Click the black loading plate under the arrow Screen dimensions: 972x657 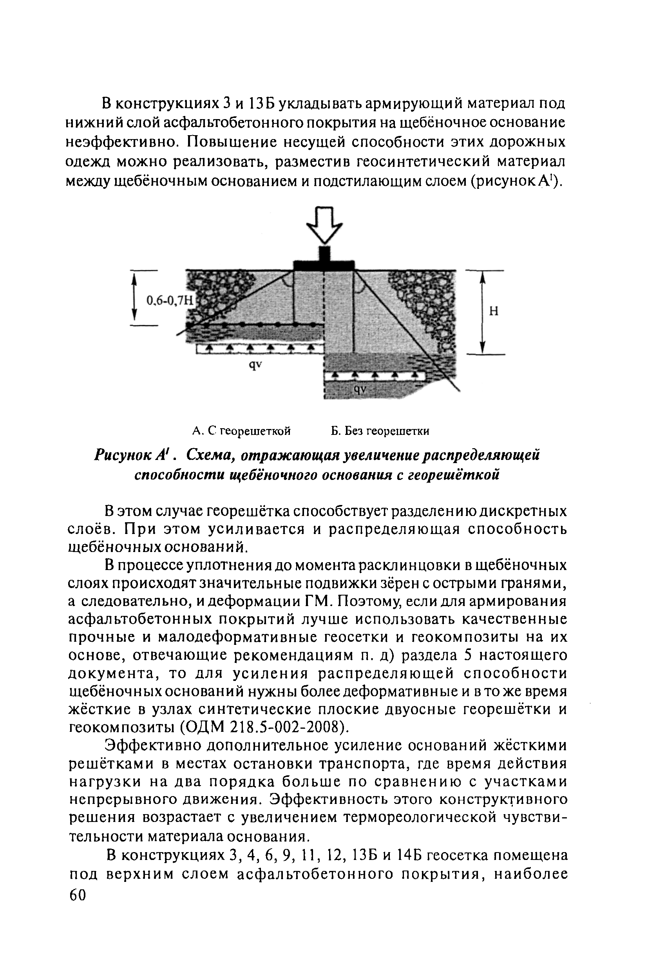[324, 266]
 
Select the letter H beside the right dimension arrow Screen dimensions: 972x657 [494, 311]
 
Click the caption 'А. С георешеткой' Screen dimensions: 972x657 [241, 431]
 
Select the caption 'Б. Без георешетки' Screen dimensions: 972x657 [380, 431]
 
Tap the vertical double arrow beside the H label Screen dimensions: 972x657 [482, 311]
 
